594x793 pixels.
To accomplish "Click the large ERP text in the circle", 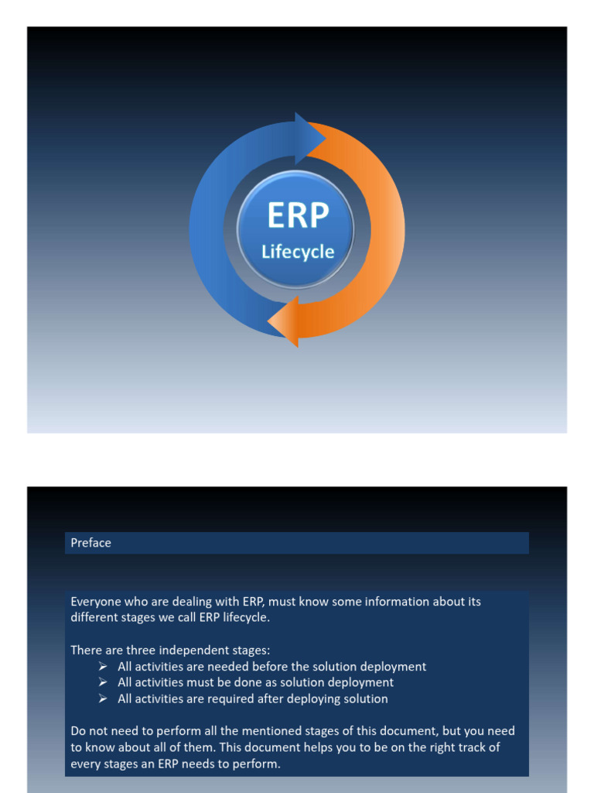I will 298,215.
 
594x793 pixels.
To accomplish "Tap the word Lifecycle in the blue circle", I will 298,252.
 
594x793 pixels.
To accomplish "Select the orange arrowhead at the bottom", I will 283,321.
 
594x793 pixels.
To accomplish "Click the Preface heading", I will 90,543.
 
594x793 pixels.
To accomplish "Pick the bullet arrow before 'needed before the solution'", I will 103,667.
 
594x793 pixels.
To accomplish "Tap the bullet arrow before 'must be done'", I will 103,683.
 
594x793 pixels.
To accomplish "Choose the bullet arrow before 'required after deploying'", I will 103,699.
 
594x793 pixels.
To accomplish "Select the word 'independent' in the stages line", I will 199,650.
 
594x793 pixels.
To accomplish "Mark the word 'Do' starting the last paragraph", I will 78,731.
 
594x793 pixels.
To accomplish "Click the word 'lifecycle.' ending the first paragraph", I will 244,617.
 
